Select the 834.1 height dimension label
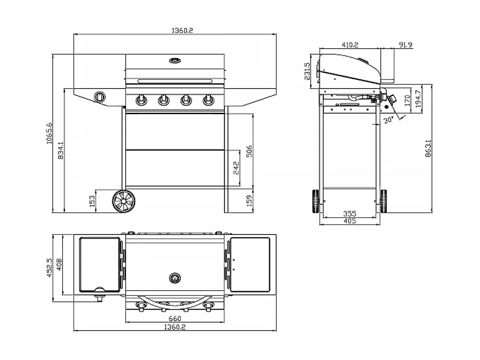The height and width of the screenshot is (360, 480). coord(60,151)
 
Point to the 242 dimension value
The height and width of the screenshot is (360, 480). coord(236,168)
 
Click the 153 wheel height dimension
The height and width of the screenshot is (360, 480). coord(92,201)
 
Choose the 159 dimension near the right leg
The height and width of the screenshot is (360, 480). coord(249,201)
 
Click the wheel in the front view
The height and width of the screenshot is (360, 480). coord(124,201)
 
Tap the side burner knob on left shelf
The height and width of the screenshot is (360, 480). coord(101,97)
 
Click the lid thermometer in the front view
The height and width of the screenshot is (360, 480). coord(175,60)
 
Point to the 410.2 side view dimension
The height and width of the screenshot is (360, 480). coord(350,45)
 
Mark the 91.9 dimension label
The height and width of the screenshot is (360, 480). coord(406,45)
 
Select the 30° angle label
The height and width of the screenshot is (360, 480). coord(387,120)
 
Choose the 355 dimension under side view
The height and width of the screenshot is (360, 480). coord(350,214)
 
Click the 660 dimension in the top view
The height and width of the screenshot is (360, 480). coord(175,318)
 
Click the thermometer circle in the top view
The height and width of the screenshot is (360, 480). coord(175,278)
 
